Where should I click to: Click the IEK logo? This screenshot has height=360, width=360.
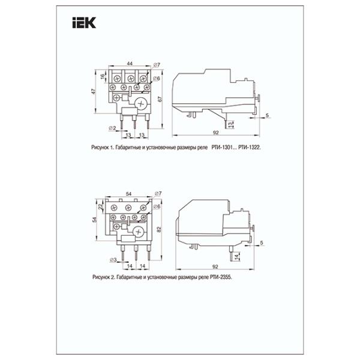[x=84, y=23]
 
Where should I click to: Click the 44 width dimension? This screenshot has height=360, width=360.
[x=130, y=64]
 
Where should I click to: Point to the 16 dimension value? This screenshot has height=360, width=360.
[x=103, y=76]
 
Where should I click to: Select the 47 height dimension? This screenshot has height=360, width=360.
[x=94, y=91]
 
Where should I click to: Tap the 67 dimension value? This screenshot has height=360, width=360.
[x=160, y=99]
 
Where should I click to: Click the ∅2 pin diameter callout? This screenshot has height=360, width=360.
[x=112, y=128]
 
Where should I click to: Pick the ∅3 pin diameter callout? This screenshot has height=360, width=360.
[x=113, y=260]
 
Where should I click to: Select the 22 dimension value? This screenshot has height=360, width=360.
[x=100, y=206]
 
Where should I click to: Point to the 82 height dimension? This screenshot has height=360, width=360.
[x=160, y=229]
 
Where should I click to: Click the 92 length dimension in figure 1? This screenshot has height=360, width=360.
[x=216, y=133]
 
